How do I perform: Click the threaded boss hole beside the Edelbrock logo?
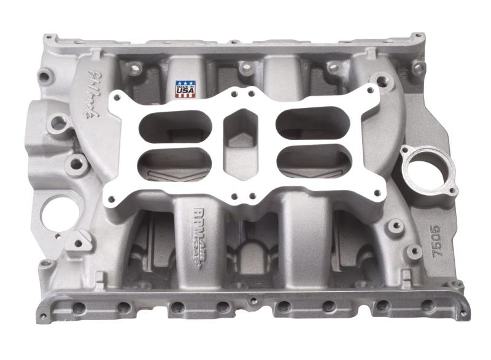pos(58,123)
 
